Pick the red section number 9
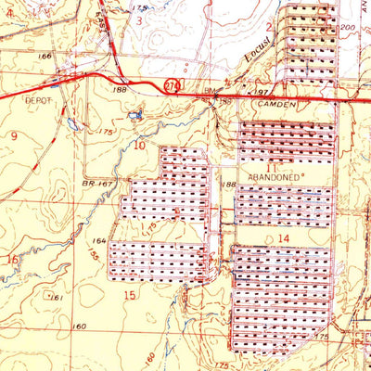click(14, 135)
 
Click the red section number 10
click(139, 145)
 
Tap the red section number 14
click(283, 238)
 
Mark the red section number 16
click(11, 260)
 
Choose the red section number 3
click(140, 19)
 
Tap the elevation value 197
click(262, 93)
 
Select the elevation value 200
click(347, 29)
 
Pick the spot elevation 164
click(100, 240)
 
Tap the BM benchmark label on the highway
click(211, 89)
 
